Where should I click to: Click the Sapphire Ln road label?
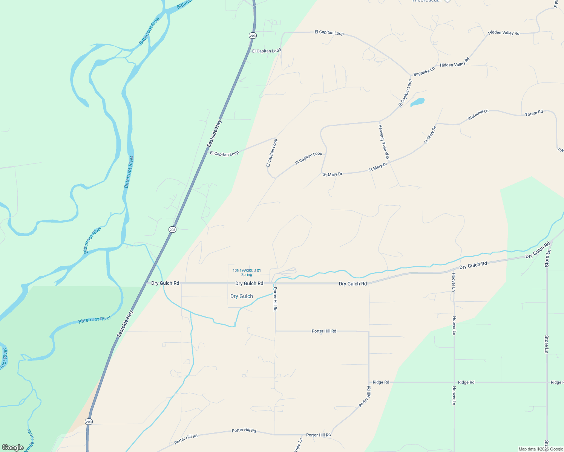point(424,71)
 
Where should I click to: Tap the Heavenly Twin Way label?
point(384,142)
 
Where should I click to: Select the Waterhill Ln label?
point(478,115)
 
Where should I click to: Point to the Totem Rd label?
point(534,113)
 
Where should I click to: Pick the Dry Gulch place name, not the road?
point(242,296)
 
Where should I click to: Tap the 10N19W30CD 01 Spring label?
point(247,272)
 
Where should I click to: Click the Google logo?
point(13,447)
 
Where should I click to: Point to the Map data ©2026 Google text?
point(541,449)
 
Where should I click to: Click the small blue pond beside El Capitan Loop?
point(417,102)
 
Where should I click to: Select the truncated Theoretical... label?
point(426,1)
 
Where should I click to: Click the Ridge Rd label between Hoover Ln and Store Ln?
point(466,382)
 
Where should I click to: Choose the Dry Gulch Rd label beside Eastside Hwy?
point(165,283)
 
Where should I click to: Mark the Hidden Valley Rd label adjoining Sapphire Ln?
point(455,63)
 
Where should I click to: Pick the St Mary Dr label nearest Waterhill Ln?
point(430,135)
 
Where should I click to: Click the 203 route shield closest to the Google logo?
point(89,422)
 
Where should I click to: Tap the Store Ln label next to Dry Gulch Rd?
point(548,258)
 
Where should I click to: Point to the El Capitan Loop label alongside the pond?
point(405,93)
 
